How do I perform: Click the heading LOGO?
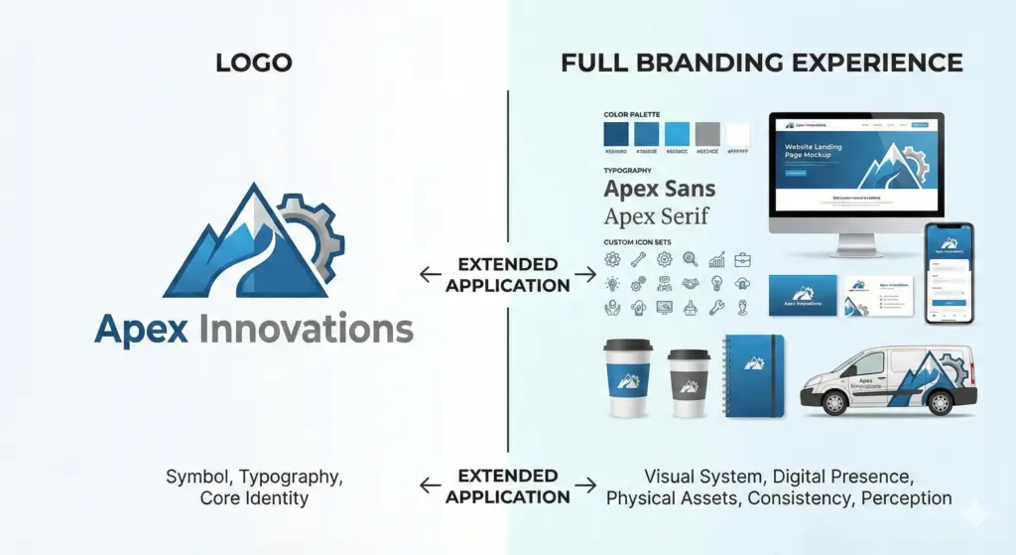pos(253,64)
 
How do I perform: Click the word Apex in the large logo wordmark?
pos(141,329)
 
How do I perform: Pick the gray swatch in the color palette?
pos(707,134)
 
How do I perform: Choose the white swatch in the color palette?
pos(738,134)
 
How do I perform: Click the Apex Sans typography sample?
pos(660,189)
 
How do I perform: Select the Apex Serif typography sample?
pos(657,216)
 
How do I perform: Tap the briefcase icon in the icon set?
pos(742,260)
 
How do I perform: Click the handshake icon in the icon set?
pos(715,283)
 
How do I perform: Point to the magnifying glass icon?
pos(690,260)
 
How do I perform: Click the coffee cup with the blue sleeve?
pos(627,376)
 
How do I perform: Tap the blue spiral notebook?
pos(754,374)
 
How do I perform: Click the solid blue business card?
pos(803,295)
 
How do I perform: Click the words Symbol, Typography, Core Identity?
pos(254,487)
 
